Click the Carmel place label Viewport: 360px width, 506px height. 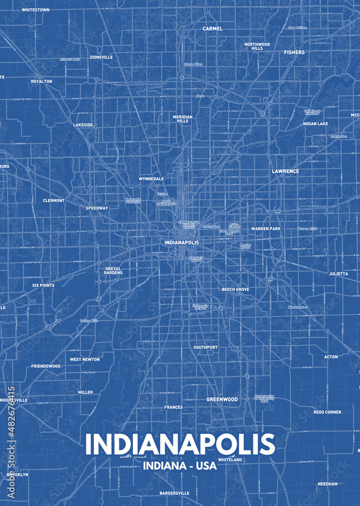pyautogui.click(x=212, y=29)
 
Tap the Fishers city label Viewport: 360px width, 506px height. pyautogui.click(x=294, y=52)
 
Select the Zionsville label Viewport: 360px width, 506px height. pyautogui.click(x=101, y=57)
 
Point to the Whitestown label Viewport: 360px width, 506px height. pyautogui.click(x=35, y=10)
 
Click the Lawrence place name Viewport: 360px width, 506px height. pyautogui.click(x=285, y=171)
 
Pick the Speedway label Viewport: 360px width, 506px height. pyautogui.click(x=97, y=208)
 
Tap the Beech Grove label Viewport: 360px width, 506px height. pyautogui.click(x=235, y=289)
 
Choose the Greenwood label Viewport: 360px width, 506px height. pyautogui.click(x=222, y=399)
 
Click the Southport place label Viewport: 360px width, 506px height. pyautogui.click(x=205, y=347)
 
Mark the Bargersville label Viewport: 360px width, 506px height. pyautogui.click(x=174, y=493)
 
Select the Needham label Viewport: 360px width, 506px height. pyautogui.click(x=328, y=484)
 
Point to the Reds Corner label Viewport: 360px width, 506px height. pyautogui.click(x=327, y=412)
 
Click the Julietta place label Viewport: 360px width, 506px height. pyautogui.click(x=338, y=273)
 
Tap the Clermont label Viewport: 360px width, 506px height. pyautogui.click(x=54, y=200)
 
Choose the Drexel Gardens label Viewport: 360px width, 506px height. pyautogui.click(x=113, y=271)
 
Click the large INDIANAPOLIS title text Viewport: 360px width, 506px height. pyautogui.click(x=179, y=444)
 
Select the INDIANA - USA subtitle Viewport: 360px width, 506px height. pyautogui.click(x=179, y=466)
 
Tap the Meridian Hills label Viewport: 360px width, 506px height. pyautogui.click(x=183, y=119)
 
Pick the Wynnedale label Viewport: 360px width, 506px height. pyautogui.click(x=151, y=179)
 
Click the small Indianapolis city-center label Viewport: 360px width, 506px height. pyautogui.click(x=182, y=242)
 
